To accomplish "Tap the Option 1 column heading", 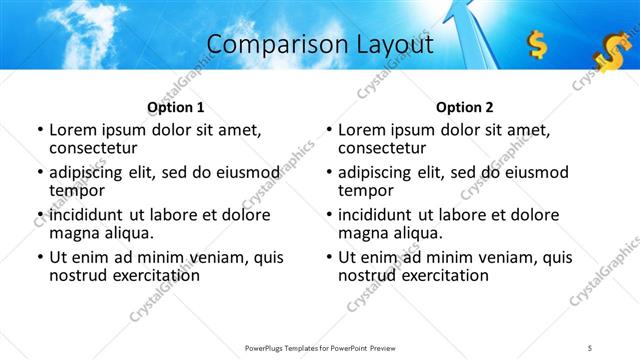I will [176, 107].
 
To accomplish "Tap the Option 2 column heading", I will [464, 107].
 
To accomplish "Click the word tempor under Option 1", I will [75, 191].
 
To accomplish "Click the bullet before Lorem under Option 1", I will [39, 130].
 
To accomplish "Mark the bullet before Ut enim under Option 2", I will [328, 257].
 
